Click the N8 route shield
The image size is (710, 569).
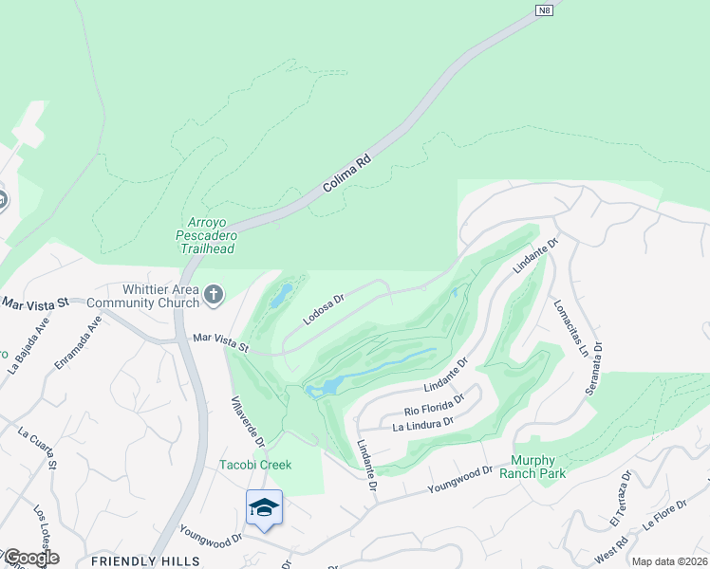pyautogui.click(x=544, y=10)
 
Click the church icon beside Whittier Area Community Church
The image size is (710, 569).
pyautogui.click(x=213, y=295)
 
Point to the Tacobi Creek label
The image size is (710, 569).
pyautogui.click(x=255, y=465)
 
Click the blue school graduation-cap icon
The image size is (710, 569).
pyautogui.click(x=264, y=507)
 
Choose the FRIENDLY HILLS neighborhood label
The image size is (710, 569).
pyautogui.click(x=146, y=560)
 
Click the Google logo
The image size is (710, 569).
pyautogui.click(x=30, y=559)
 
